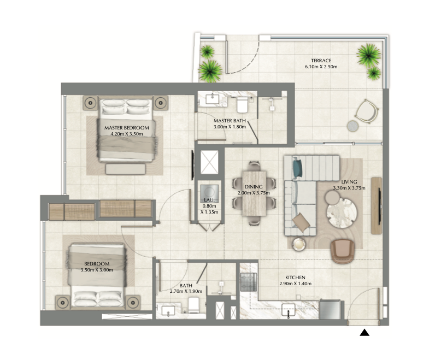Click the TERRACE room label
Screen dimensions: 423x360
point(321,61)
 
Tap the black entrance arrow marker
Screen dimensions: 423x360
point(364,333)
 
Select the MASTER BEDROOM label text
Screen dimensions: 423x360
point(127,128)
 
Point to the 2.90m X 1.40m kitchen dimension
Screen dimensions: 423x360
point(296,284)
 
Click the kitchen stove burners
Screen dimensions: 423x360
point(248,282)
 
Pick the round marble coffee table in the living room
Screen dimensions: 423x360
point(342,213)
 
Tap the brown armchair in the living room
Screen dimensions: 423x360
point(343,251)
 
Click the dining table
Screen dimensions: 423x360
point(254,193)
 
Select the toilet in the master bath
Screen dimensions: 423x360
point(242,105)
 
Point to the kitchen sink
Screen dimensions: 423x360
point(288,310)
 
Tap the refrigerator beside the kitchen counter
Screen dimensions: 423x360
point(330,309)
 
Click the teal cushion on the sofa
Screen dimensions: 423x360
point(297,169)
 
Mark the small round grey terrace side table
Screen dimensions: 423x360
point(352,126)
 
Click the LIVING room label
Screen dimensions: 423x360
point(349,182)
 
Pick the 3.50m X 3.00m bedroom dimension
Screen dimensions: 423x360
point(97,270)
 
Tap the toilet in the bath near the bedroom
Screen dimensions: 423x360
point(193,305)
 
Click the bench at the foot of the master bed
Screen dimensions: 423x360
point(126,169)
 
